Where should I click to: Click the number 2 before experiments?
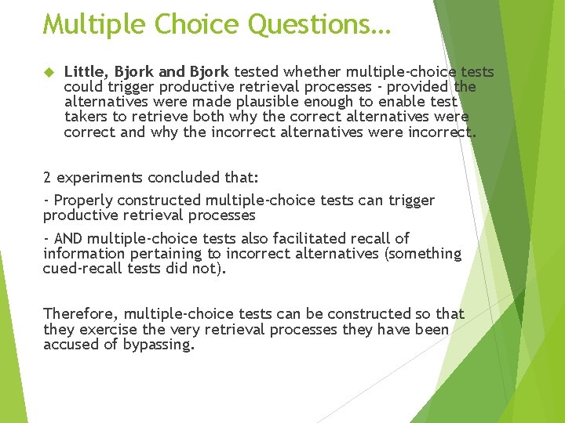click(48, 178)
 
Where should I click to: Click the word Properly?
click(82, 201)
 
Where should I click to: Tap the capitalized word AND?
click(68, 238)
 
